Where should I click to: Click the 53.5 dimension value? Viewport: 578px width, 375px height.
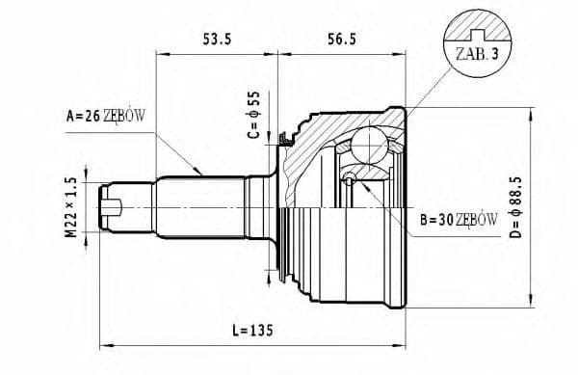pos(214,40)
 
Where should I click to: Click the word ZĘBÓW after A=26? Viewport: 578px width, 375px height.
pos(124,117)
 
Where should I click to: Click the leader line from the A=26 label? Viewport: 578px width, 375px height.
pos(173,146)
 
